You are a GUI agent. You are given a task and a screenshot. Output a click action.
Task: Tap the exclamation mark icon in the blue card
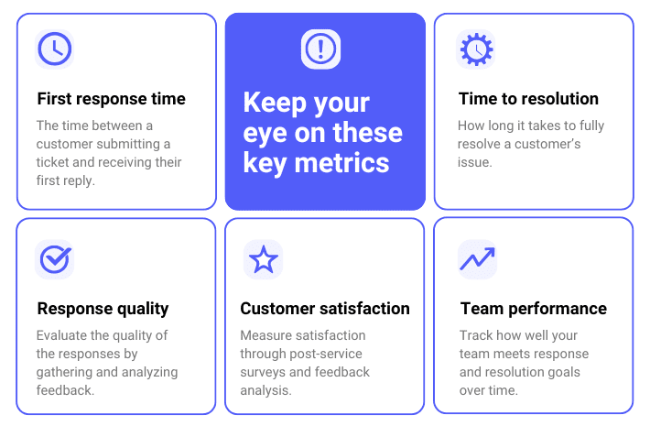pyautogui.click(x=320, y=49)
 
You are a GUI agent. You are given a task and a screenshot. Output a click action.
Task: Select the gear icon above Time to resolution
pyautogui.click(x=476, y=49)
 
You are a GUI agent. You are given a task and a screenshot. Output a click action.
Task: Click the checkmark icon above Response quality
pyautogui.click(x=55, y=259)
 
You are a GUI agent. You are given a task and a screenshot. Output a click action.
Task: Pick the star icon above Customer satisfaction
pyautogui.click(x=264, y=259)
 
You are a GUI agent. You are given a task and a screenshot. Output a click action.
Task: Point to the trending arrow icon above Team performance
pyautogui.click(x=477, y=258)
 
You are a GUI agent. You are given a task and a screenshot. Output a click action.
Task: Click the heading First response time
pyautogui.click(x=111, y=99)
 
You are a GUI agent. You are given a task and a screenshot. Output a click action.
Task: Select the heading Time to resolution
pyautogui.click(x=528, y=99)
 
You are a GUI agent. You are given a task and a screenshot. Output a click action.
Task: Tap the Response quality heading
pyautogui.click(x=103, y=309)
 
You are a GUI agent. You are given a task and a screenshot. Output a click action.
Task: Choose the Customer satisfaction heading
pyautogui.click(x=325, y=309)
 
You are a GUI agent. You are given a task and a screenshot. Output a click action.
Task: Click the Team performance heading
pyautogui.click(x=533, y=309)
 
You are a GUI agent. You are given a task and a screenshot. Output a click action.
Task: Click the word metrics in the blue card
pyautogui.click(x=341, y=162)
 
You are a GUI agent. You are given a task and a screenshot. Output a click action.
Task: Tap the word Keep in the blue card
pyautogui.click(x=275, y=104)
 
